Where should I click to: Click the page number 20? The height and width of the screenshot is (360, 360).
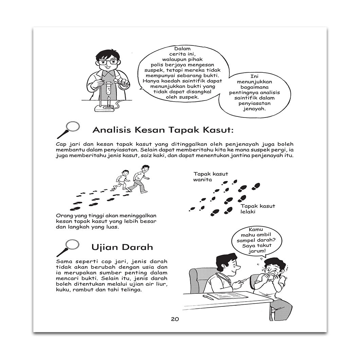tap(175, 319)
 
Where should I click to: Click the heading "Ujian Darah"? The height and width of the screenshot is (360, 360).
tap(122, 247)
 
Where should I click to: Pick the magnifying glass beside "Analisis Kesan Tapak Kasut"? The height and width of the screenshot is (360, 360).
tap(69, 129)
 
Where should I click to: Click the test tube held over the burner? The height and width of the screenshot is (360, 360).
tap(108, 88)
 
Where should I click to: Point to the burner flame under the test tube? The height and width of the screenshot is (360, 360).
tap(108, 100)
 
